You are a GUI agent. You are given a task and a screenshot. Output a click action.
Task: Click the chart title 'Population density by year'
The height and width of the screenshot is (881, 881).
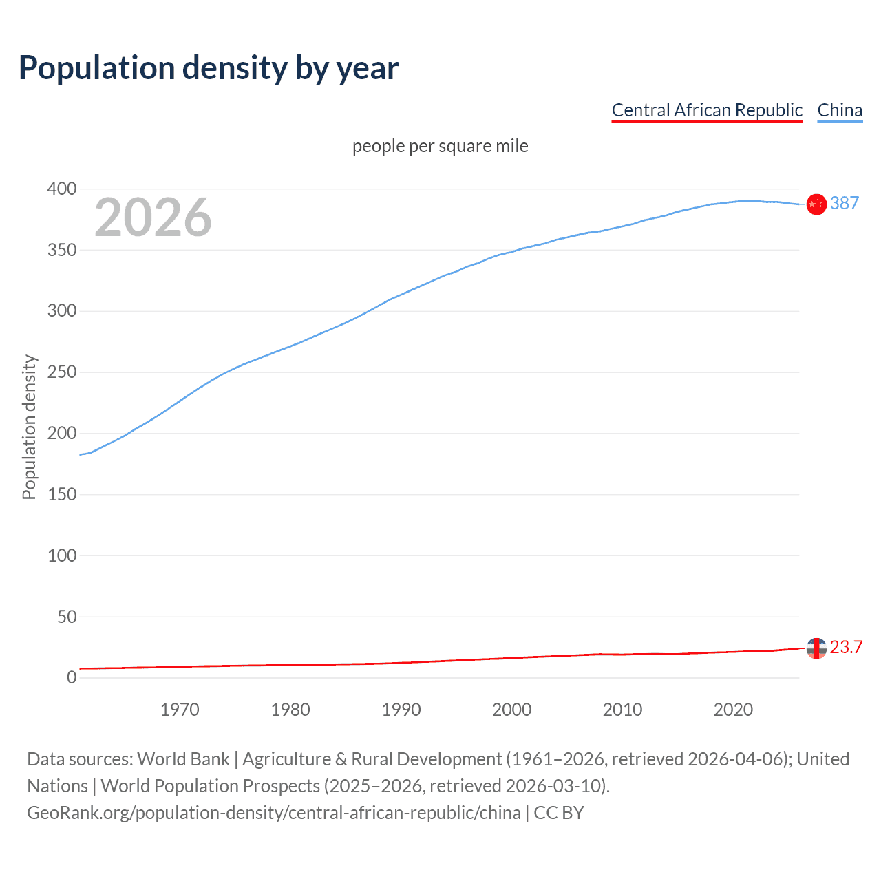click(x=209, y=68)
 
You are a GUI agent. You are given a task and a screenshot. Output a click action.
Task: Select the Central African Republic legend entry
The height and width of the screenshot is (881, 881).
click(x=707, y=110)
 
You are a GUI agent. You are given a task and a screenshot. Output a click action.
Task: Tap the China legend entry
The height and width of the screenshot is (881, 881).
click(x=840, y=110)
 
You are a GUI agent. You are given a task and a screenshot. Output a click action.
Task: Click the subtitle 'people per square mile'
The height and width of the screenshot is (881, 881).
click(x=440, y=147)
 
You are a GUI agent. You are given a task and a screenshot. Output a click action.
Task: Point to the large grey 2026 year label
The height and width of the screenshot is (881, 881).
click(x=153, y=217)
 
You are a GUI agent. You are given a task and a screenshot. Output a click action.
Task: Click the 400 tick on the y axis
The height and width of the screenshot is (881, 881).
click(x=62, y=189)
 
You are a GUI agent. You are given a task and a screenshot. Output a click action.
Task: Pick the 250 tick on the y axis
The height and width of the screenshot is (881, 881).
click(x=62, y=372)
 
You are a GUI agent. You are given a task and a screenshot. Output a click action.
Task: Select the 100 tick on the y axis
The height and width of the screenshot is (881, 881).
click(x=62, y=555)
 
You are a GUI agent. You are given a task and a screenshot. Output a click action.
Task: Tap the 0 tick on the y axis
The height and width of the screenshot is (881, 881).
click(x=72, y=678)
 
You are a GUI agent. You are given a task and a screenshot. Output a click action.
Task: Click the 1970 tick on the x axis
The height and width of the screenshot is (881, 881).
click(x=180, y=710)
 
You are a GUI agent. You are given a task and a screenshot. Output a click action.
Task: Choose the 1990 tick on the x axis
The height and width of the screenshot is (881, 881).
click(x=401, y=710)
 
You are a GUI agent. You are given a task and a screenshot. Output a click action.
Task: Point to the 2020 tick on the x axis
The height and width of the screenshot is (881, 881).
click(x=733, y=710)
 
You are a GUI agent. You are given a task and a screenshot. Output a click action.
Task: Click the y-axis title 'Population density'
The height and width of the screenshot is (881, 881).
click(x=29, y=427)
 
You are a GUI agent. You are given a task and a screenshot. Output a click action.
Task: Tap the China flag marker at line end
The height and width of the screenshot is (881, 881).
click(x=816, y=204)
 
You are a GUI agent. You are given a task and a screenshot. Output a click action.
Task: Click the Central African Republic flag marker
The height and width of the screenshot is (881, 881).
click(x=816, y=648)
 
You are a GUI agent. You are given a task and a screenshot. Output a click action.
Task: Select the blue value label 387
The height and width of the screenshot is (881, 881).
click(x=844, y=204)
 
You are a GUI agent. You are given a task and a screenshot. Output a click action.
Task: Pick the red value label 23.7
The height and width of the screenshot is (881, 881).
click(x=846, y=648)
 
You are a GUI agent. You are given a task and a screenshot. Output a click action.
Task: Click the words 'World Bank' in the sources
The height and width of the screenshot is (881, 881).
click(x=183, y=759)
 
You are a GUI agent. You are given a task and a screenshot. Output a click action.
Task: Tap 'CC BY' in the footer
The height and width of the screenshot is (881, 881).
click(x=559, y=813)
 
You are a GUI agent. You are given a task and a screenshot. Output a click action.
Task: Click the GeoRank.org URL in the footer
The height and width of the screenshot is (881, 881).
click(x=274, y=813)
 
